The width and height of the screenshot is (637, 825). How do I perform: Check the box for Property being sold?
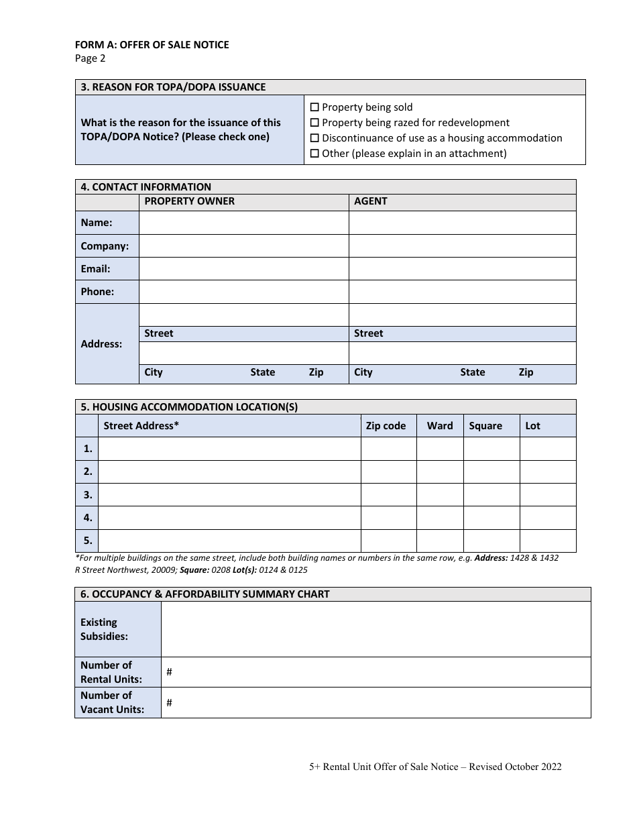[314, 107]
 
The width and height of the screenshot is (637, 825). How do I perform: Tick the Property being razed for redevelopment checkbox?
[314, 123]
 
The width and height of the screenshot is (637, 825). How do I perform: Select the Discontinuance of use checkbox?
[314, 138]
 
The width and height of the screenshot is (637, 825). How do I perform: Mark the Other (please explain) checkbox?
[314, 154]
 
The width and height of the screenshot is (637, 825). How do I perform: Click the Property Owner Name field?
[243, 223]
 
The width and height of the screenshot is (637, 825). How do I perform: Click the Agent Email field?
[462, 269]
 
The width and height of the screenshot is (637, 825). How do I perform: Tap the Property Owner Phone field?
[243, 292]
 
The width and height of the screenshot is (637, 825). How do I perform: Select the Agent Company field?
[462, 245]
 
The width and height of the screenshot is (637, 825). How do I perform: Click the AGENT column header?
[371, 201]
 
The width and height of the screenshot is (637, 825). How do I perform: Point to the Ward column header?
[440, 426]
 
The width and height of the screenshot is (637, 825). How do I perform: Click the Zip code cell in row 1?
[388, 449]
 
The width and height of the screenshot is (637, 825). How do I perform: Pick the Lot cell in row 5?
[547, 541]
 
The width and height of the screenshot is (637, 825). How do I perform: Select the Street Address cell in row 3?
[229, 495]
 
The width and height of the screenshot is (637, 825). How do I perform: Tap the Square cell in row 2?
[491, 472]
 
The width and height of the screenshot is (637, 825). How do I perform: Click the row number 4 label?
[87, 518]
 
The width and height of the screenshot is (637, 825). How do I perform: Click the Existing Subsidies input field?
[375, 629]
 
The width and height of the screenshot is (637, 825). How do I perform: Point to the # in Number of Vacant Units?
[170, 702]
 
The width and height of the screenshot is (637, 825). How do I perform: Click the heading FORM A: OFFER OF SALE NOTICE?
[152, 45]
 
